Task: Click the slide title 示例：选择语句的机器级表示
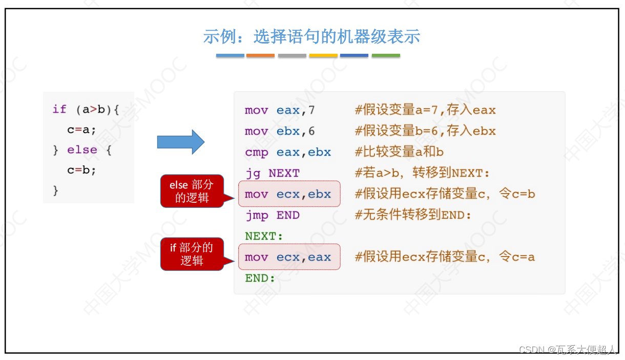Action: click(x=311, y=36)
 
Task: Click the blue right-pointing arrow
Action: click(x=180, y=142)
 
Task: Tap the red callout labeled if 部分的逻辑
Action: click(x=192, y=254)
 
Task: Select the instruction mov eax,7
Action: click(x=280, y=110)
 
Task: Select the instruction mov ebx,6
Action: click(x=280, y=131)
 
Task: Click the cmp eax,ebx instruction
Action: click(x=288, y=152)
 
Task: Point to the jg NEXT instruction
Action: click(x=272, y=173)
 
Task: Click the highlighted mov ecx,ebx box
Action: click(x=289, y=194)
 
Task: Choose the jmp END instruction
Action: click(x=272, y=215)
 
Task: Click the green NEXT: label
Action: click(x=264, y=236)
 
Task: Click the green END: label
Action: click(x=260, y=278)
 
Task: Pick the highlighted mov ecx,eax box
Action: click(x=289, y=257)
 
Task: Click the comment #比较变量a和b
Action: click(x=399, y=152)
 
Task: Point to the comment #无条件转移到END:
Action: click(x=413, y=215)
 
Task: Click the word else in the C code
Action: click(x=82, y=150)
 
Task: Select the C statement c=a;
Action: click(x=82, y=130)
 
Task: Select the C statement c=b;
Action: click(x=82, y=170)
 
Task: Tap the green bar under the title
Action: click(x=386, y=55)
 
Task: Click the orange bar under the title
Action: click(x=260, y=55)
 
